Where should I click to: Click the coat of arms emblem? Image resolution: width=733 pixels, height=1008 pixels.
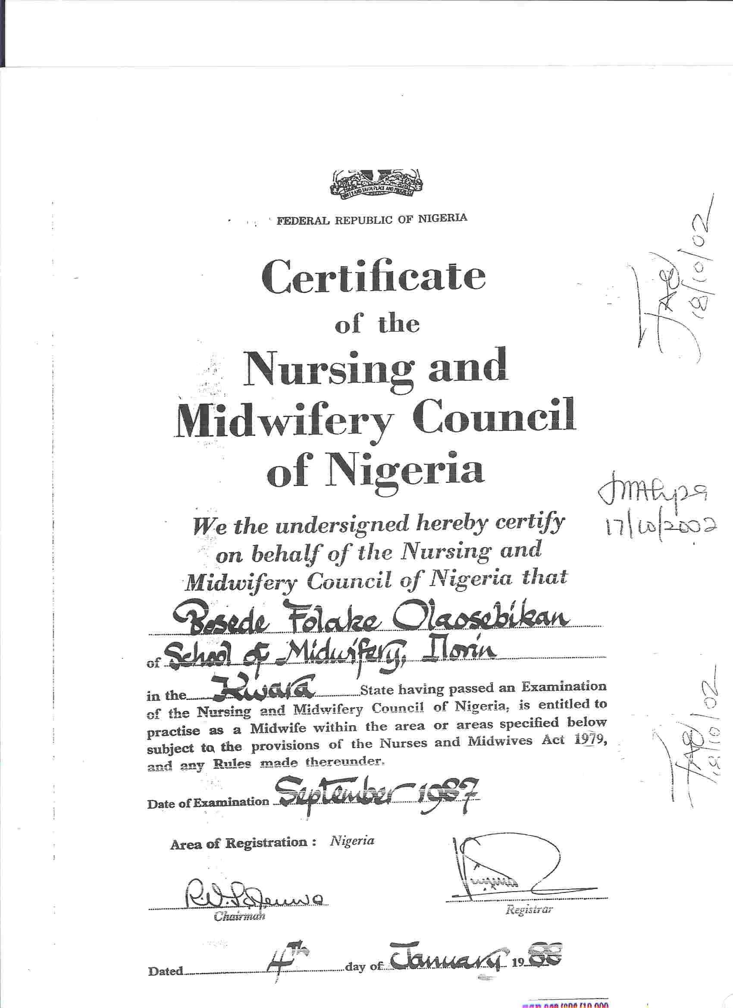[x=376, y=184]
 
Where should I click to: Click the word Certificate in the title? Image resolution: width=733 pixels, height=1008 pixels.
[x=373, y=275]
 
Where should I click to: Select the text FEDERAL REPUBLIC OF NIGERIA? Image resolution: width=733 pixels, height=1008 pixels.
[x=372, y=219]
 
